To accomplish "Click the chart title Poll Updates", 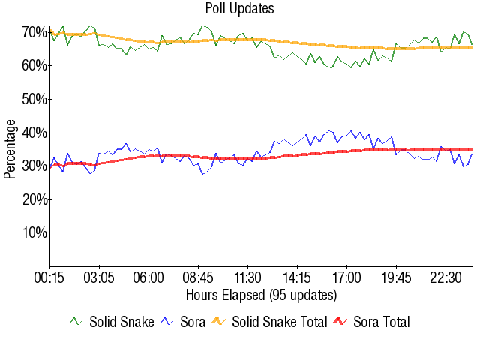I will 240,9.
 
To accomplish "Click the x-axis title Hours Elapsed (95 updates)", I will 261,294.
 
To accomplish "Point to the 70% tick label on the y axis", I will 35,32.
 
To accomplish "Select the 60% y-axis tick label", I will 35,66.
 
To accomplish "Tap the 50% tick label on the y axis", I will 35,99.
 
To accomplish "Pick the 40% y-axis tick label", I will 35,133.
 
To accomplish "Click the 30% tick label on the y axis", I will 35,166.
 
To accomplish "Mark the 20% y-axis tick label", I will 35,199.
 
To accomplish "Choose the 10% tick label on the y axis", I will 35,232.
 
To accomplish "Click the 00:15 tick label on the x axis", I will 50,277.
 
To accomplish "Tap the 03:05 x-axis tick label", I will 100,277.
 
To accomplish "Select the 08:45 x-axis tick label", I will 199,277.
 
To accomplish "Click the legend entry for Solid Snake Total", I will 279,322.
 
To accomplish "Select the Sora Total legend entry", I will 381,322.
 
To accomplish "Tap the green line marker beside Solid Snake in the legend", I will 76,322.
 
